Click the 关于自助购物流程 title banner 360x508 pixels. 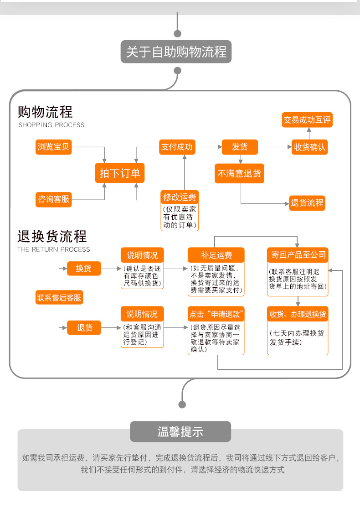coord(176,52)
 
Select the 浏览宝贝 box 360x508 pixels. coord(54,147)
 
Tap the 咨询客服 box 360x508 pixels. coord(54,199)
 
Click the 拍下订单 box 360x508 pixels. coord(120,173)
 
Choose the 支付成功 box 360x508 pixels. coord(176,147)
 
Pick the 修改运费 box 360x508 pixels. coord(180,197)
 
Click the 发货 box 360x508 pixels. coord(240,147)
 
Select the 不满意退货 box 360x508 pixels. coord(239,174)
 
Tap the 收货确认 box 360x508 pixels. coord(309,147)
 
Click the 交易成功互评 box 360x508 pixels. coord(307,120)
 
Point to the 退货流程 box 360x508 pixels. coord(307,203)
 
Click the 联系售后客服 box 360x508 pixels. coord(59,298)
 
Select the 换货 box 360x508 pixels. coord(84,268)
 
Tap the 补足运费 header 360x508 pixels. coord(216,254)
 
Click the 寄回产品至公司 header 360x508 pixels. coord(298,254)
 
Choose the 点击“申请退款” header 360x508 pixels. coord(216,314)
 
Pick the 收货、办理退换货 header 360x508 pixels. coord(298,314)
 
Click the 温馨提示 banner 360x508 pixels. coord(180,431)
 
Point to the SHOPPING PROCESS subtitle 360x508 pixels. coord(51,125)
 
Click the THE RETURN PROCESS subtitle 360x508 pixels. coord(54,249)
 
